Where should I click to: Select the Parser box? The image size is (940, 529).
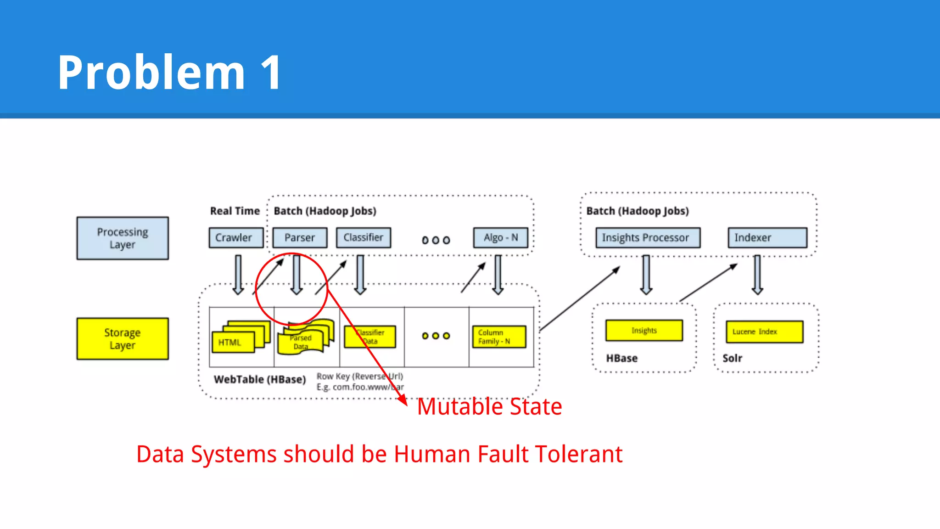tap(300, 238)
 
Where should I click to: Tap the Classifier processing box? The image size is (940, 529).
tap(363, 238)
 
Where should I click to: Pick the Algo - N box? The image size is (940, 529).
tap(501, 238)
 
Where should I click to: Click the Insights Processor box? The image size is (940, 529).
tap(648, 238)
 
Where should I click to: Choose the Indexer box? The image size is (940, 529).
tap(767, 238)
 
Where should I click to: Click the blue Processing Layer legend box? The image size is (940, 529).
tap(123, 238)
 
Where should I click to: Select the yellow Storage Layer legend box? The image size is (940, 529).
tap(123, 339)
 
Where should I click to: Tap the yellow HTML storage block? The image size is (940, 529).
tap(233, 343)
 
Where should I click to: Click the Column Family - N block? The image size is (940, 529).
tap(499, 337)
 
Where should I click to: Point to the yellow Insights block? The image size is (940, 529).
tap(644, 331)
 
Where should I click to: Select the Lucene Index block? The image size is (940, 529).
tap(764, 332)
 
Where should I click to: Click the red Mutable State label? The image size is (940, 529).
tap(489, 407)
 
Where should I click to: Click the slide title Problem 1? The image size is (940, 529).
tap(169, 73)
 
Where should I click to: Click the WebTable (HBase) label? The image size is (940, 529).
tap(260, 380)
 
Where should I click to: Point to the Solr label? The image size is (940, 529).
tap(732, 358)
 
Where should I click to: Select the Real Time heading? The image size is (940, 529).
tap(235, 211)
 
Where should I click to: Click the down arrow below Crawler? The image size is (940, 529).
tap(238, 275)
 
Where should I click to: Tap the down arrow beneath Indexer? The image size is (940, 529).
tap(757, 275)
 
